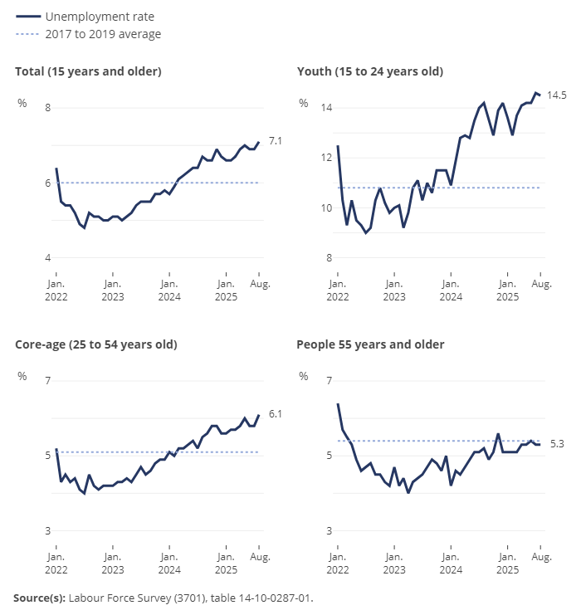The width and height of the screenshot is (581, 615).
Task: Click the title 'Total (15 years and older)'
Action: coord(88,71)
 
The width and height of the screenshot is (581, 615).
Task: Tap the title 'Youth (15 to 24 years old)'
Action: coord(370,71)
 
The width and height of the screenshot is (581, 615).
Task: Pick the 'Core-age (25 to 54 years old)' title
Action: coord(96,344)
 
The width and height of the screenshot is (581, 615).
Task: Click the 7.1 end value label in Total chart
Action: coord(276,142)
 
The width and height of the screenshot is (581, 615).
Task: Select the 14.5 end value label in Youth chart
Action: coord(557,95)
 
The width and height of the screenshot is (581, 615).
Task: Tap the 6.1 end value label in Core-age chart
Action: coord(276,413)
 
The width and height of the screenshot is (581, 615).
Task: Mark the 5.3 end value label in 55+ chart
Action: coord(557,445)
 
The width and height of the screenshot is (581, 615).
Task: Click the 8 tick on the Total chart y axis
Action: coord(47,108)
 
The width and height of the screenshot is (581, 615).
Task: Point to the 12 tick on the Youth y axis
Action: coord(327,158)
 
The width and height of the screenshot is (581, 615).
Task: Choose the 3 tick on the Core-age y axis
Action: coord(47,530)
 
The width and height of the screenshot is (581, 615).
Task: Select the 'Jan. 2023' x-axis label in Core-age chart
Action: coord(112,551)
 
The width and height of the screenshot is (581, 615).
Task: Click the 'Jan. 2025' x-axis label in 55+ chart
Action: coord(507,551)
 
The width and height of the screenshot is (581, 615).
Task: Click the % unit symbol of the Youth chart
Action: coord(304,103)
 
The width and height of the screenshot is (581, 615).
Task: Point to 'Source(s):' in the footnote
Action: coord(39,597)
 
